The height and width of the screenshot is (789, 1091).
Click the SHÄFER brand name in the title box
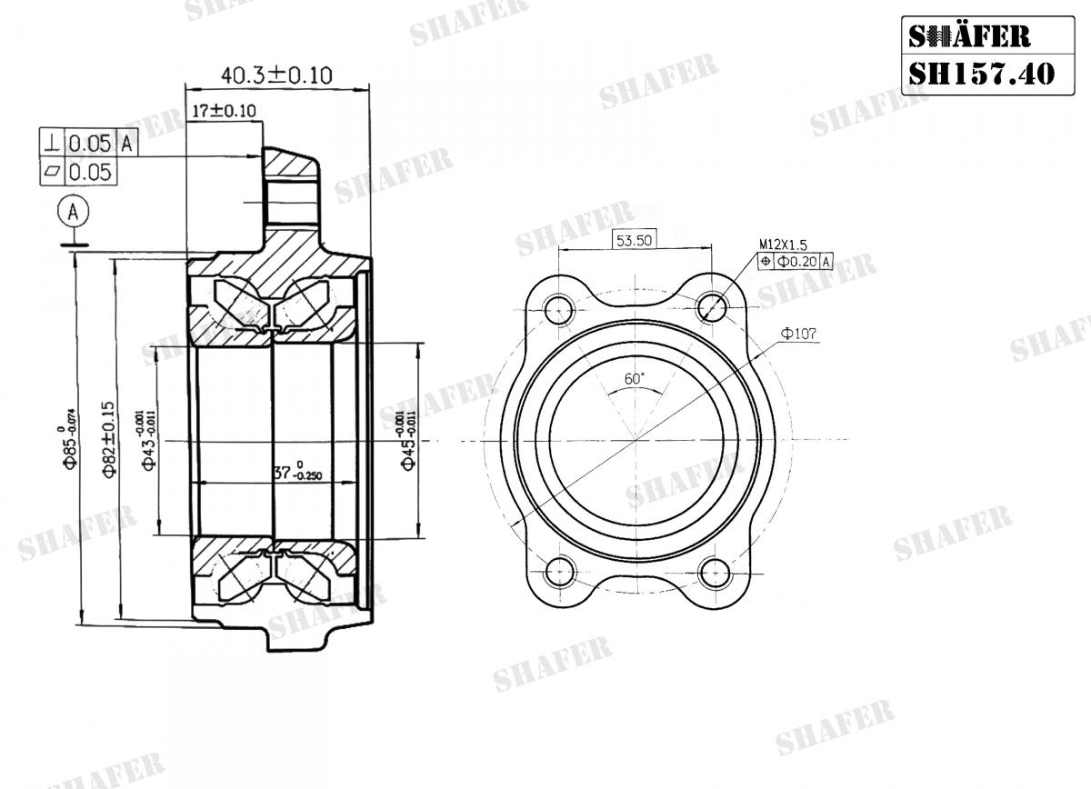tap(969, 35)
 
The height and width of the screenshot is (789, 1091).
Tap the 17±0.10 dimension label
tap(224, 111)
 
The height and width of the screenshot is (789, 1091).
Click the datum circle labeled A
tap(74, 212)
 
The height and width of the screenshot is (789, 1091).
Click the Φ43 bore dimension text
tap(148, 440)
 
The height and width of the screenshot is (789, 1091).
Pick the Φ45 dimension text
tap(407, 440)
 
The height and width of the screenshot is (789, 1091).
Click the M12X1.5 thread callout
tap(783, 245)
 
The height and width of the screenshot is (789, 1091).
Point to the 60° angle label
tap(634, 377)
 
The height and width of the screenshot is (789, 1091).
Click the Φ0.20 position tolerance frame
tap(795, 262)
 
